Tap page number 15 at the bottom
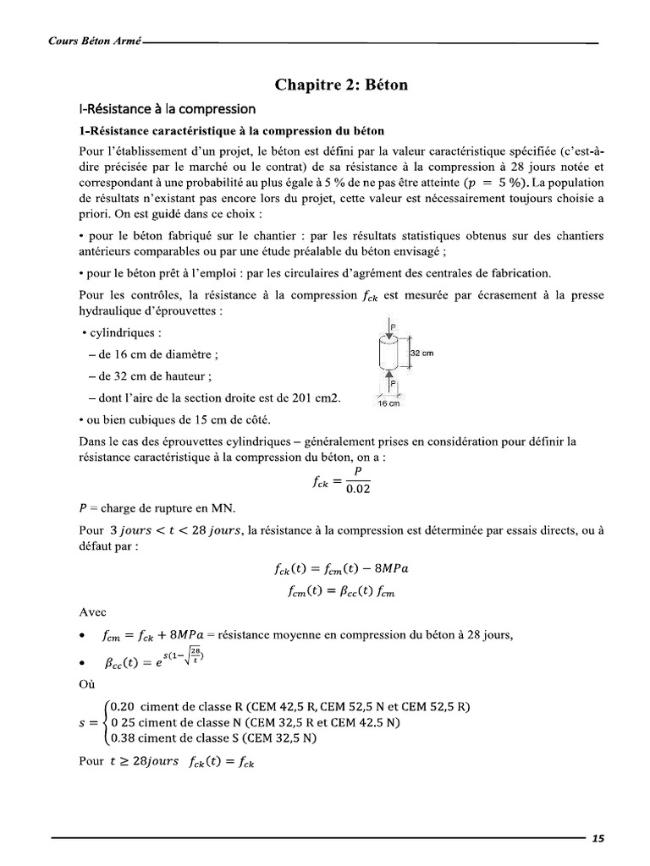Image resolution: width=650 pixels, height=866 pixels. [x=598, y=839]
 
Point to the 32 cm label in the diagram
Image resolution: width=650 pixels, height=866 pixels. [x=421, y=354]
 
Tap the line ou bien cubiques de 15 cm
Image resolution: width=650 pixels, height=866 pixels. [x=174, y=420]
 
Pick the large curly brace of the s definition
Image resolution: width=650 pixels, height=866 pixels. [x=104, y=721]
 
